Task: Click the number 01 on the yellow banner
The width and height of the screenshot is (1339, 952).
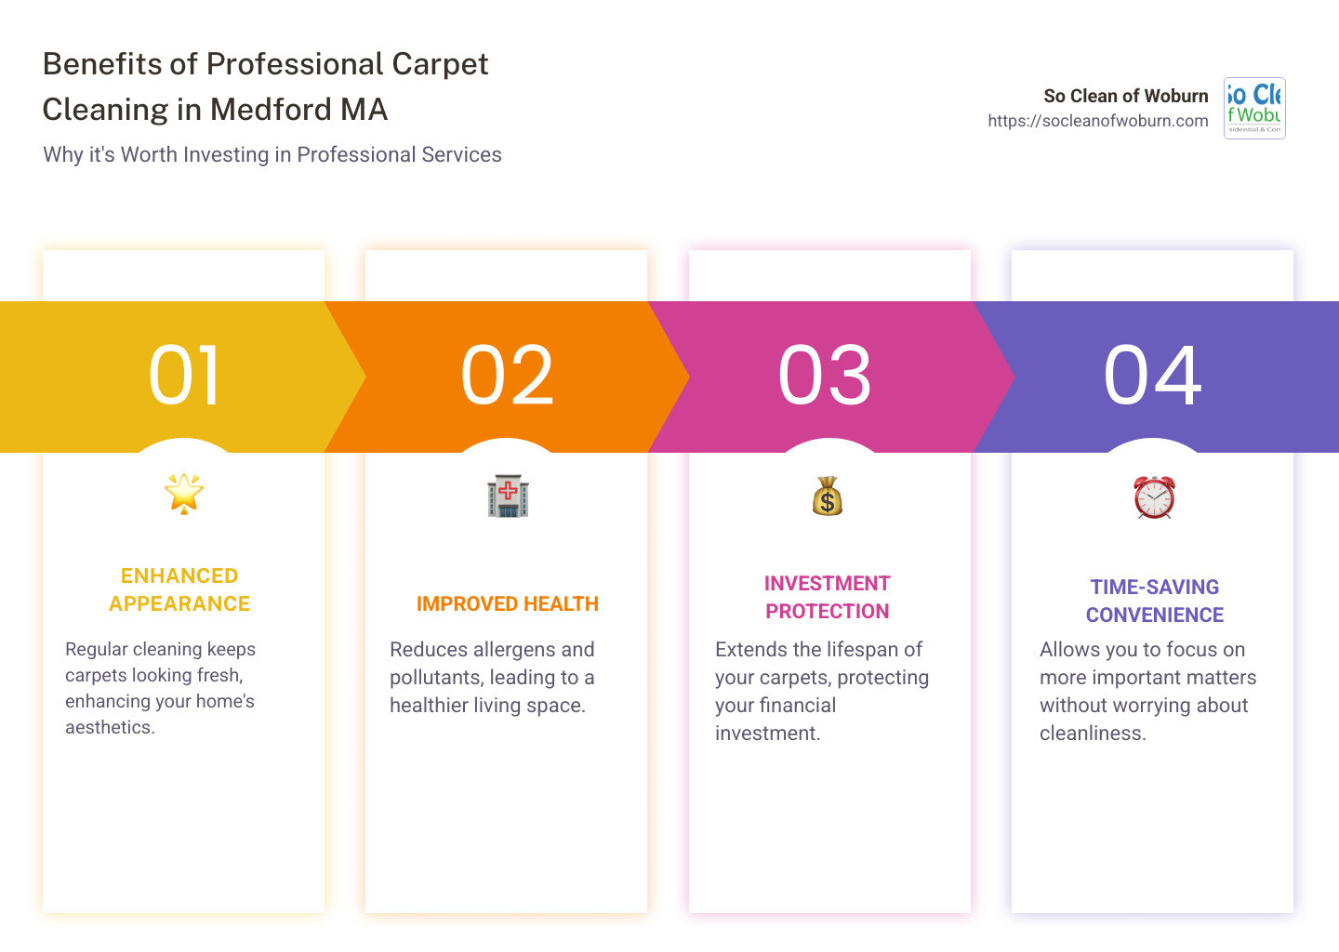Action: click(185, 376)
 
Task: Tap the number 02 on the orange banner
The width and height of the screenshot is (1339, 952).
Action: click(507, 376)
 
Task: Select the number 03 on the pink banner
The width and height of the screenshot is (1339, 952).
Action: click(825, 376)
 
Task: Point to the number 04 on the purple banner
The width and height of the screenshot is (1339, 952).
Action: click(1152, 376)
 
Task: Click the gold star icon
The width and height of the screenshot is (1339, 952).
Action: click(184, 493)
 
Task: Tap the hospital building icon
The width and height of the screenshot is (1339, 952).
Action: click(508, 496)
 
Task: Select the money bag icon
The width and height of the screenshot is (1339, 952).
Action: click(827, 496)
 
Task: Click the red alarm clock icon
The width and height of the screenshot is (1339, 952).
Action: click(1154, 497)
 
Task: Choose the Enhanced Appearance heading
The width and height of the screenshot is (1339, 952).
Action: click(179, 589)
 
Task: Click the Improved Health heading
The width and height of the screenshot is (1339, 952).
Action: click(507, 604)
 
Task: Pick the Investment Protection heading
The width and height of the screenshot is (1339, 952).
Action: click(827, 597)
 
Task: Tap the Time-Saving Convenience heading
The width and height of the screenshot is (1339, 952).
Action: click(1154, 601)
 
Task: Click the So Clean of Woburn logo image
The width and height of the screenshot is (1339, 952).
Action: click(1254, 108)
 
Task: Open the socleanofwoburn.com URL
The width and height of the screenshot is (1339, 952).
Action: click(1097, 121)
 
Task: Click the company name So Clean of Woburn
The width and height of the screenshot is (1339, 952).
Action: click(1125, 96)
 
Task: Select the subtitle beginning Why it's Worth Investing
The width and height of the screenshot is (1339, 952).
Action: click(272, 154)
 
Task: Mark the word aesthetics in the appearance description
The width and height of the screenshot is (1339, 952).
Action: click(109, 728)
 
